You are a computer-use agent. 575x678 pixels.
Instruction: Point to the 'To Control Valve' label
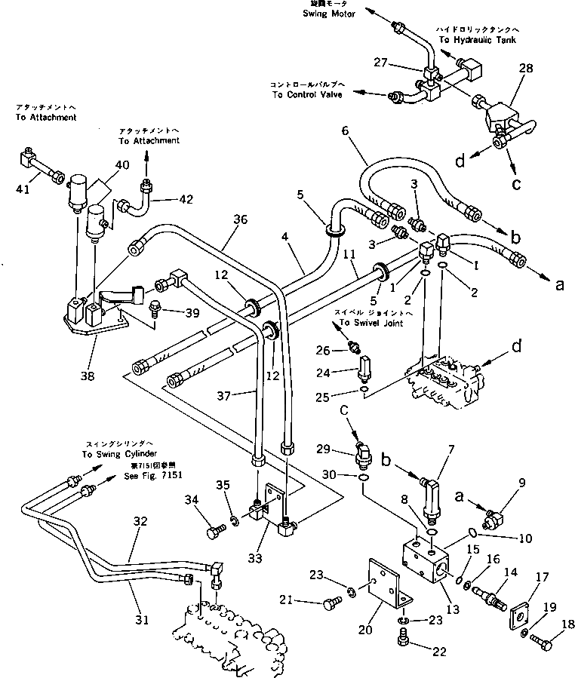point(306,95)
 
